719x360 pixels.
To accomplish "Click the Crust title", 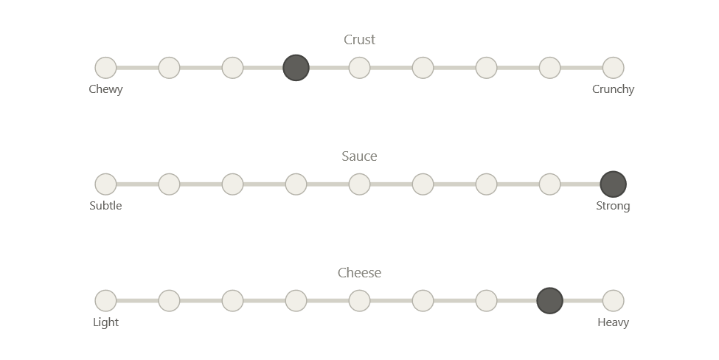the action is [360, 40].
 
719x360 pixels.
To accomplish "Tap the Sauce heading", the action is [360, 156].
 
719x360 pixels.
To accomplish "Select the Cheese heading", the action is [360, 273].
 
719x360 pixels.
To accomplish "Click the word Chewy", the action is [105, 89].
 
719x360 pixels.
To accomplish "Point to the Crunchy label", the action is [614, 89].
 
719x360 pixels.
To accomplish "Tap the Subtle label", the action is [105, 206].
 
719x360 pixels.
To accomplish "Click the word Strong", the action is [614, 206].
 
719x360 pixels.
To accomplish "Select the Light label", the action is [105, 322].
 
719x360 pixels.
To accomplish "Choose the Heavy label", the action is [614, 322].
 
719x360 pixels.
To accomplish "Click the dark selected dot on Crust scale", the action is [296, 68].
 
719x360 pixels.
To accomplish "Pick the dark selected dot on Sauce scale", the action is [614, 184].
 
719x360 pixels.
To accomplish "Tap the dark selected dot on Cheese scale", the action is [550, 301].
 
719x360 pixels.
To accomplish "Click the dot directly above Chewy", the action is [105, 68].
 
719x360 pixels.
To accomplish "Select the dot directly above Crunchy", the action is [614, 68].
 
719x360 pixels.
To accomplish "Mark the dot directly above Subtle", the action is [105, 184].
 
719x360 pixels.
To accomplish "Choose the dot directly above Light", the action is [105, 301].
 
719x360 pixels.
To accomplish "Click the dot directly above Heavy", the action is [614, 301].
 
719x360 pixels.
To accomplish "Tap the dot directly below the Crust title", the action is [360, 68].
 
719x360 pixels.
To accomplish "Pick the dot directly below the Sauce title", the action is [360, 184].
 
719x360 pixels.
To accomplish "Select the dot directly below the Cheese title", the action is [360, 301].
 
